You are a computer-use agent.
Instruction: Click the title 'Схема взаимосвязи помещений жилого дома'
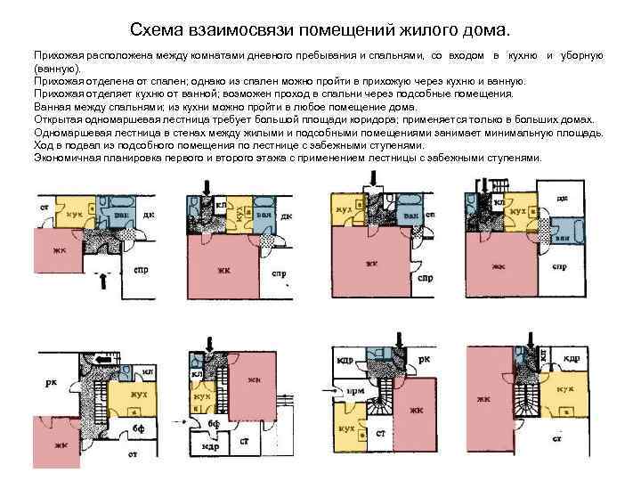(x=320, y=30)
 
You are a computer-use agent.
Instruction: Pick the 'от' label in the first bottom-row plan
(x=132, y=455)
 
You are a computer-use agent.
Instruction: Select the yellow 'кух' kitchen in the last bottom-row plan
(x=564, y=389)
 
